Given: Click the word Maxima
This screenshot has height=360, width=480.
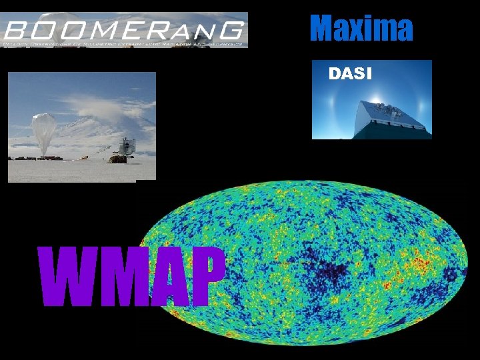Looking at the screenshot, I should pyautogui.click(x=361, y=28).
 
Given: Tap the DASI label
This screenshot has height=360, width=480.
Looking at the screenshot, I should pyautogui.click(x=350, y=73).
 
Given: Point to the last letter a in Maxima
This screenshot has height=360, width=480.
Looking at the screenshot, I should pyautogui.click(x=403, y=30).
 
